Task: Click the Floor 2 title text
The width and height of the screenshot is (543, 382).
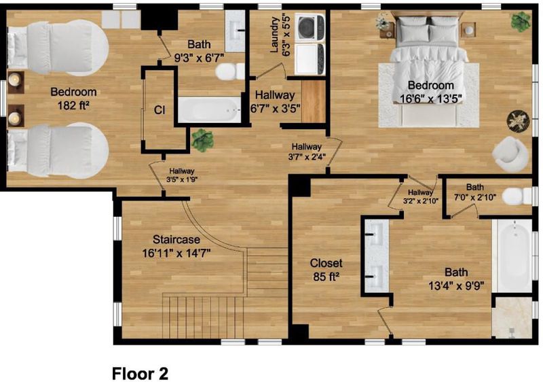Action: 140,374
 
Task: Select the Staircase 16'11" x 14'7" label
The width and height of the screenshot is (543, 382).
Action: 176,247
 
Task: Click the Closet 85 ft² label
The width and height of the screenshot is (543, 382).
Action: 326,270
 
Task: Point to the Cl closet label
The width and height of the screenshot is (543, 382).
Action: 160,110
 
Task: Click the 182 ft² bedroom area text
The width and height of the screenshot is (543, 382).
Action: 73,105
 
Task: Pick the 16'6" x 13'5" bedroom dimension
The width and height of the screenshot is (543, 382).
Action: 431,99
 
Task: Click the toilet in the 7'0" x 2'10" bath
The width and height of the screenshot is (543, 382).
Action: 517,196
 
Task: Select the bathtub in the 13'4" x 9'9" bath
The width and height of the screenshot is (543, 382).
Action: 512,256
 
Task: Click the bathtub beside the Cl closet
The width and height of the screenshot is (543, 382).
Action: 209,109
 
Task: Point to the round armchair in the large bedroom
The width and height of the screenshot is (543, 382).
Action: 510,154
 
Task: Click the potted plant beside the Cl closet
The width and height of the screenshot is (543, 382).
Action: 202,139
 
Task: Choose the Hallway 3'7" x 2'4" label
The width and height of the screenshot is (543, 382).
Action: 307,152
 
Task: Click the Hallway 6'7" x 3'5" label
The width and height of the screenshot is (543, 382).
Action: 275,101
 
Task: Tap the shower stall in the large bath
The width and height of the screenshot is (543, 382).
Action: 512,317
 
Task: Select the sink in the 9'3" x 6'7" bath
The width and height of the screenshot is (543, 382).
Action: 235,31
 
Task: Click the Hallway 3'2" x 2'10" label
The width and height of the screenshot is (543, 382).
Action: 420,196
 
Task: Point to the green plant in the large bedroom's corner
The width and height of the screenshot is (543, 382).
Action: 521,21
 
